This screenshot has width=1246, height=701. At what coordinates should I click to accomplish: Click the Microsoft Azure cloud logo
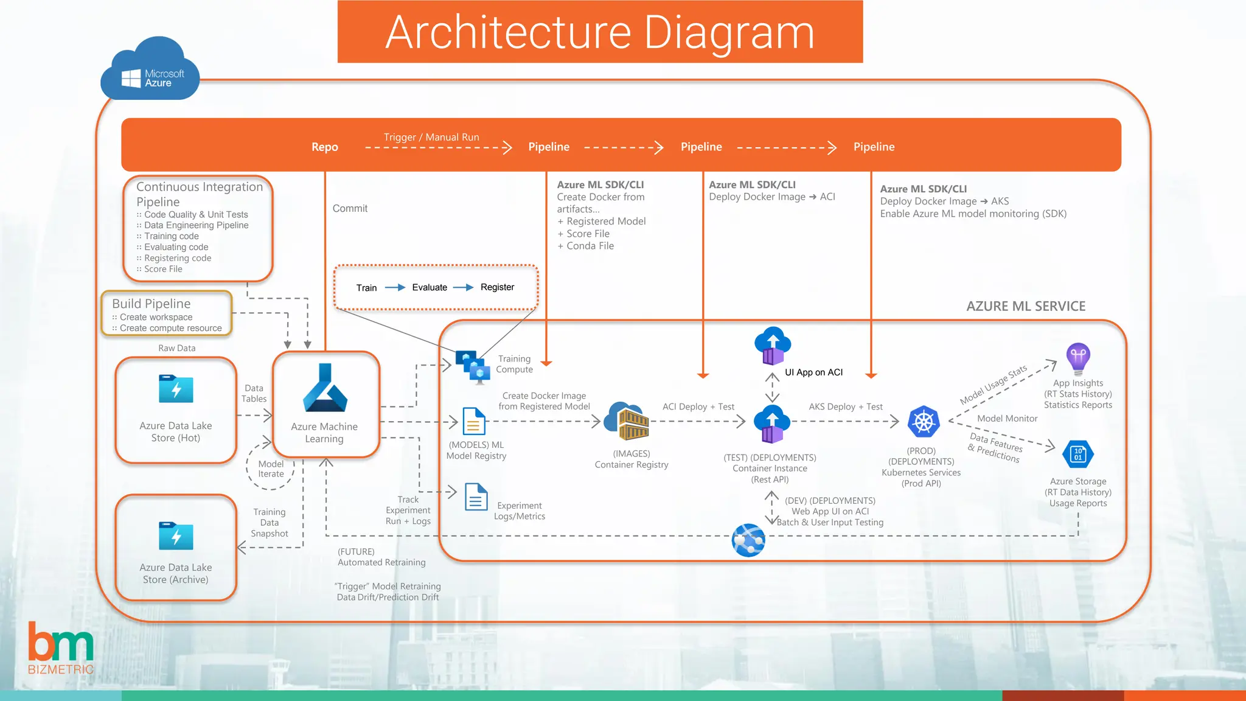(150, 71)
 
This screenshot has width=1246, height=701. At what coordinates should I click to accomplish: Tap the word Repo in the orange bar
(324, 147)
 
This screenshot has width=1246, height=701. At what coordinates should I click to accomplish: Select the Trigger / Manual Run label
(431, 137)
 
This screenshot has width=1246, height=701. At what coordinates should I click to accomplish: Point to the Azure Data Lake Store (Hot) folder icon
(176, 389)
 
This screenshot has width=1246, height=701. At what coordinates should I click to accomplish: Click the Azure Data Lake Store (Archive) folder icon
(176, 535)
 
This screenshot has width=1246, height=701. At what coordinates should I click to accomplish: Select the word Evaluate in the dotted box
(429, 287)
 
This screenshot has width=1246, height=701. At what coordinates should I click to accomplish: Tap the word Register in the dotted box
(497, 287)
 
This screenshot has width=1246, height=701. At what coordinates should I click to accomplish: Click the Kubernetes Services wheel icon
(923, 422)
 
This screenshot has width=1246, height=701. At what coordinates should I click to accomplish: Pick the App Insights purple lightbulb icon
(1077, 357)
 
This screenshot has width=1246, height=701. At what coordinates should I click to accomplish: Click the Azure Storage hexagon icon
(1077, 454)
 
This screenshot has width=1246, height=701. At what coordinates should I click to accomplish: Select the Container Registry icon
(627, 421)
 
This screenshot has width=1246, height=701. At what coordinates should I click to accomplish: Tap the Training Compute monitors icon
(473, 366)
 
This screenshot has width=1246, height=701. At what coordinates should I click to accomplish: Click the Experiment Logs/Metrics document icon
(476, 497)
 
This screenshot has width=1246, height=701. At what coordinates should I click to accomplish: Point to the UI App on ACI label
(813, 372)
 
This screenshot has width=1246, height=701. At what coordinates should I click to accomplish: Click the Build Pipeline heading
(151, 304)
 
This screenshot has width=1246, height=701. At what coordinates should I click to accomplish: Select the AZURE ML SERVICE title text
(1025, 306)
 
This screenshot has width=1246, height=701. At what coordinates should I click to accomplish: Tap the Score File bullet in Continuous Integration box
(162, 269)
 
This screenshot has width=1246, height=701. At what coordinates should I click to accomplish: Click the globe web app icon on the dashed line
(748, 540)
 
